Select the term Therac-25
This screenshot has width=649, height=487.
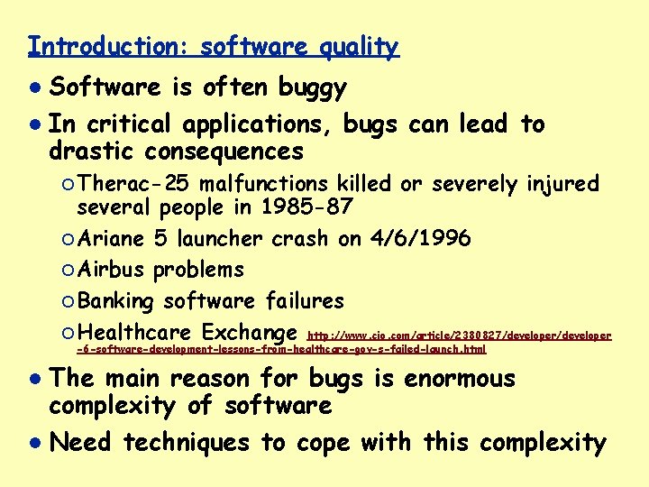point(133,184)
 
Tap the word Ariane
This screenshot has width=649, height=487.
point(111,239)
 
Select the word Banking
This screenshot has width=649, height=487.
point(116,300)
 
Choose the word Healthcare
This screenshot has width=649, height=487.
point(135,331)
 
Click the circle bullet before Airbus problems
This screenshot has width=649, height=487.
point(69,270)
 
